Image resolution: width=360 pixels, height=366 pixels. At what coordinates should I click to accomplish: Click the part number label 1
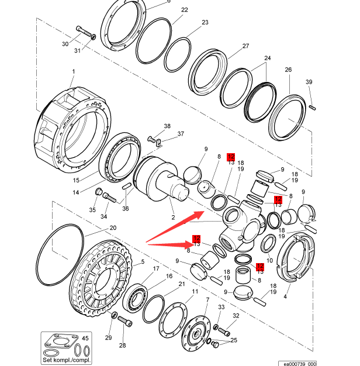tap(74, 72)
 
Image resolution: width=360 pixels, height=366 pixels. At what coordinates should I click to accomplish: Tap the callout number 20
tap(113, 227)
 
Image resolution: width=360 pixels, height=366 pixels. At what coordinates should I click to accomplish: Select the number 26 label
tap(288, 70)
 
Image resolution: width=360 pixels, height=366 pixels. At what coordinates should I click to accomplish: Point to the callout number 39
tap(309, 82)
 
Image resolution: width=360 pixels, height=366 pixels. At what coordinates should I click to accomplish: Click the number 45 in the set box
tap(85, 338)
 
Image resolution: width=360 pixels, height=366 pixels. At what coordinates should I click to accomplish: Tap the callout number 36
tap(126, 208)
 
